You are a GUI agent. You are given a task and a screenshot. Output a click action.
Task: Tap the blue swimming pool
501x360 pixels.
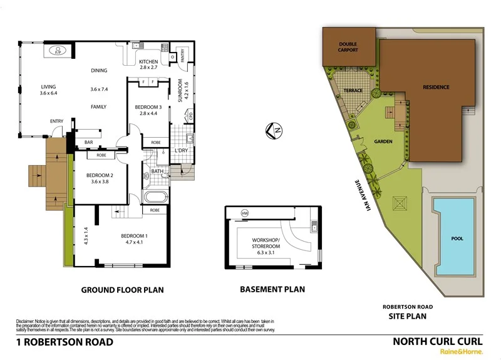pos(457,238)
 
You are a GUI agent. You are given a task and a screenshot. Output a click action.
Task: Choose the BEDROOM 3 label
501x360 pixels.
pos(148,107)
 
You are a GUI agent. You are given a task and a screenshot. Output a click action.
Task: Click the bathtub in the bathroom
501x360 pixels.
pos(155,198)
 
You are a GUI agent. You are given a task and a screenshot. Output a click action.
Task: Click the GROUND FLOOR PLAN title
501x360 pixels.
pos(122,290)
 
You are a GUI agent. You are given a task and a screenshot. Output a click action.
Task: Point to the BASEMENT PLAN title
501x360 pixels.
pos(272,289)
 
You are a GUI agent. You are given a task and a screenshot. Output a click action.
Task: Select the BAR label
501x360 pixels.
pos(88,143)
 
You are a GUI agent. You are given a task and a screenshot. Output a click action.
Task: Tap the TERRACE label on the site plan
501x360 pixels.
pos(353,91)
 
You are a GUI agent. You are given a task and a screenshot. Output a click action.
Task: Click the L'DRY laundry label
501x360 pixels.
pos(182,151)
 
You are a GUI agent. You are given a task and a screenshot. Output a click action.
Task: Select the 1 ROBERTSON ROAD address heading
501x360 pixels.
pos(65,342)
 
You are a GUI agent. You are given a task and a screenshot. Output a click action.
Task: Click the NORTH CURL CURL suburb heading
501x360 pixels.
pos(437,341)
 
